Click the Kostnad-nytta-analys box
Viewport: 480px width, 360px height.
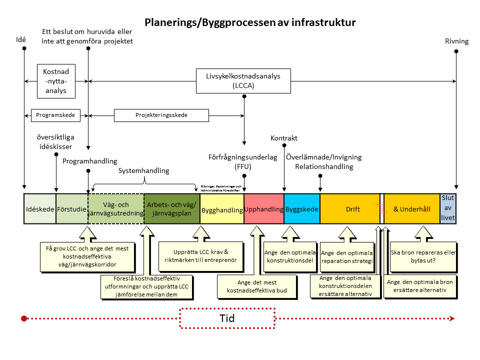(55, 81)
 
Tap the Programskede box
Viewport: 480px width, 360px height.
(55, 115)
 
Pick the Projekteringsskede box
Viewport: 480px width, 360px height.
(161, 115)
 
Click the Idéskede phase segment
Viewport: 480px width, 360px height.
(40, 209)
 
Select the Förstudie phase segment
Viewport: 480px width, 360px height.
(72, 209)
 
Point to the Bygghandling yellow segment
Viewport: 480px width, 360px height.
(222, 210)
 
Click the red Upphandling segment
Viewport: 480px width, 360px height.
(264, 209)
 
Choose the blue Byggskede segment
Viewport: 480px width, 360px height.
(302, 209)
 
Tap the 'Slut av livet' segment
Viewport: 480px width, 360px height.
(448, 208)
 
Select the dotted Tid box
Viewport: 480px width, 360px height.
(227, 318)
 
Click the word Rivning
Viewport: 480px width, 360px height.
(456, 41)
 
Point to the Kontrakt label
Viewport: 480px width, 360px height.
(284, 138)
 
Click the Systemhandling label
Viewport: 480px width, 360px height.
(144, 170)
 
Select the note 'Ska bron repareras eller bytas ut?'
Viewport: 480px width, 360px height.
(423, 256)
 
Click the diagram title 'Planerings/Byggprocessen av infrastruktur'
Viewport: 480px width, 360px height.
(250, 22)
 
